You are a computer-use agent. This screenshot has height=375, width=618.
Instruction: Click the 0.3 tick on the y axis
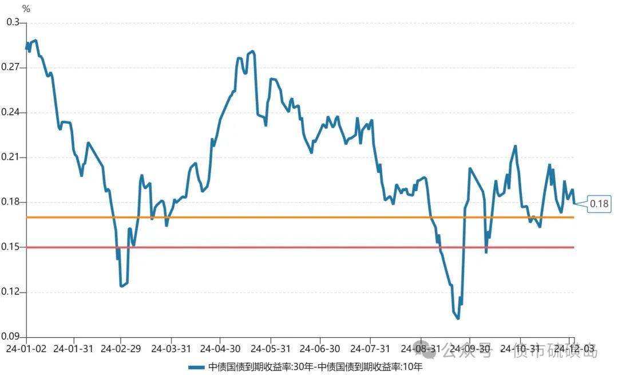click(12, 22)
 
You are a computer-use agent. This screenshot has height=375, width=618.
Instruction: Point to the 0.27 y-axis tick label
click(11, 68)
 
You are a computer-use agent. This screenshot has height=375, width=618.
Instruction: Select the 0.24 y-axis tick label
click(11, 112)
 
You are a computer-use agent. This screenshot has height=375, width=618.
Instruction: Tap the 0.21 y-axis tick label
click(11, 157)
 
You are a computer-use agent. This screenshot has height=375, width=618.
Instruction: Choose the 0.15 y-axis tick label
click(11, 247)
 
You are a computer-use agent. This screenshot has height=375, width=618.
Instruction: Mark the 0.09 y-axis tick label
click(11, 337)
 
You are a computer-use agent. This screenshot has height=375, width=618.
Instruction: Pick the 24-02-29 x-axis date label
click(121, 349)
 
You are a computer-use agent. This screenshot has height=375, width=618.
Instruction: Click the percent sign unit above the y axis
click(26, 9)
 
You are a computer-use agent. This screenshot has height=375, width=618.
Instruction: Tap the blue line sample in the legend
click(196, 367)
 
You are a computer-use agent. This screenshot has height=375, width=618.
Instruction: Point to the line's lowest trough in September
click(458, 318)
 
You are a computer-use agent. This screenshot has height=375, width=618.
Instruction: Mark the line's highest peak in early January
click(35, 41)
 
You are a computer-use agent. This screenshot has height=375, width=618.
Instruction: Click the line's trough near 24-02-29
click(121, 286)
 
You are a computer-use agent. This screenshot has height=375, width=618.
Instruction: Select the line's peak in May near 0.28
click(252, 51)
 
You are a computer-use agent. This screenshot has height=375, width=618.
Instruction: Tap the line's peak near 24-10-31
click(516, 146)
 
